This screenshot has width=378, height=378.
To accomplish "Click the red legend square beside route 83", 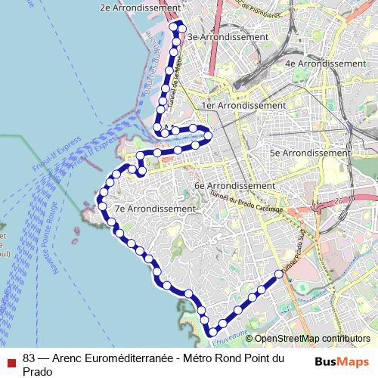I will [x=10, y=361].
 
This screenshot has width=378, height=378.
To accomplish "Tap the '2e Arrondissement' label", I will [x=140, y=8].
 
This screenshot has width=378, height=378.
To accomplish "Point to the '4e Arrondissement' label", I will [x=325, y=64].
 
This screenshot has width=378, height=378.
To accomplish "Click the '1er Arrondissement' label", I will [x=243, y=106].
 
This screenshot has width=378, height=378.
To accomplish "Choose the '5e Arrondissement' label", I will [x=310, y=153].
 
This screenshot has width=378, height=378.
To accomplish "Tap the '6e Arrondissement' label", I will [x=234, y=185].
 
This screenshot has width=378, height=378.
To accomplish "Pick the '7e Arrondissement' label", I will [x=155, y=208].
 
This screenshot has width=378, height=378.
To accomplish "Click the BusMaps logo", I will [x=342, y=361].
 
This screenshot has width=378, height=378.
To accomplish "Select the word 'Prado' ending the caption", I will [x=37, y=371].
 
